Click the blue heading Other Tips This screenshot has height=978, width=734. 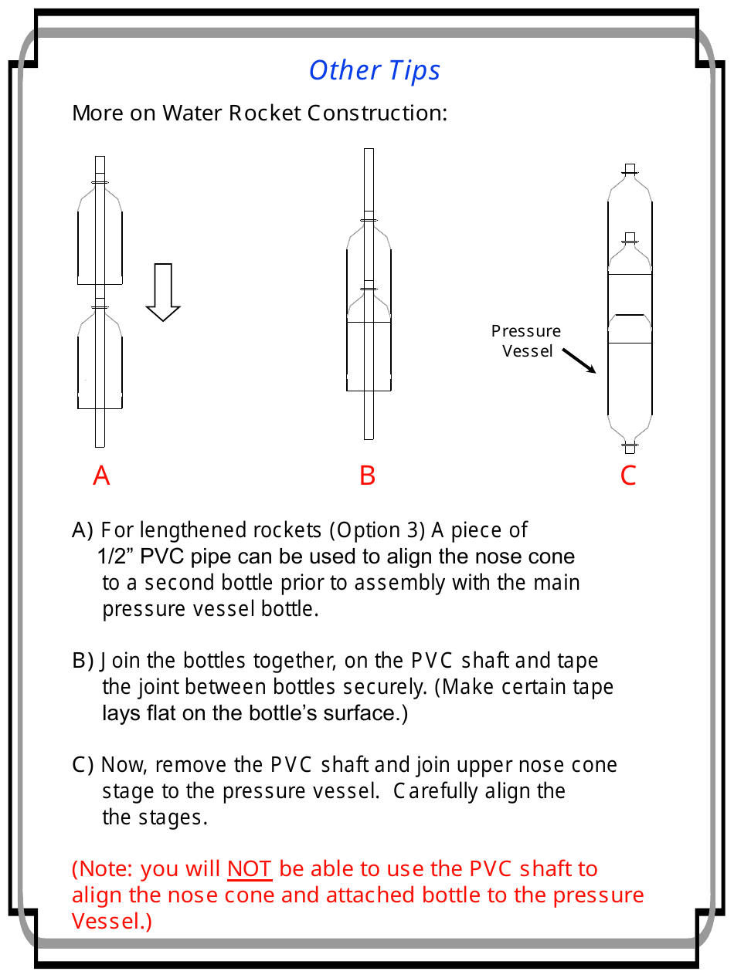(x=375, y=70)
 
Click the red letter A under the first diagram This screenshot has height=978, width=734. (x=101, y=475)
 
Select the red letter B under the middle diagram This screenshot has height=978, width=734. (x=368, y=475)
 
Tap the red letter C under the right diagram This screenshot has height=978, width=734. (x=628, y=475)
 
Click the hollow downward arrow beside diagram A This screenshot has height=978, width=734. (x=163, y=292)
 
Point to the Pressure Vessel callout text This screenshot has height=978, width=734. (x=526, y=341)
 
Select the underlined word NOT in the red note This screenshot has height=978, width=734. (x=249, y=869)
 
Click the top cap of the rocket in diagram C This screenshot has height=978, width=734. (x=630, y=169)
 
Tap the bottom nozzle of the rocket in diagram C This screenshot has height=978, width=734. (x=630, y=447)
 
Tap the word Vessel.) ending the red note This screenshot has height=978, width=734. (x=112, y=922)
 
